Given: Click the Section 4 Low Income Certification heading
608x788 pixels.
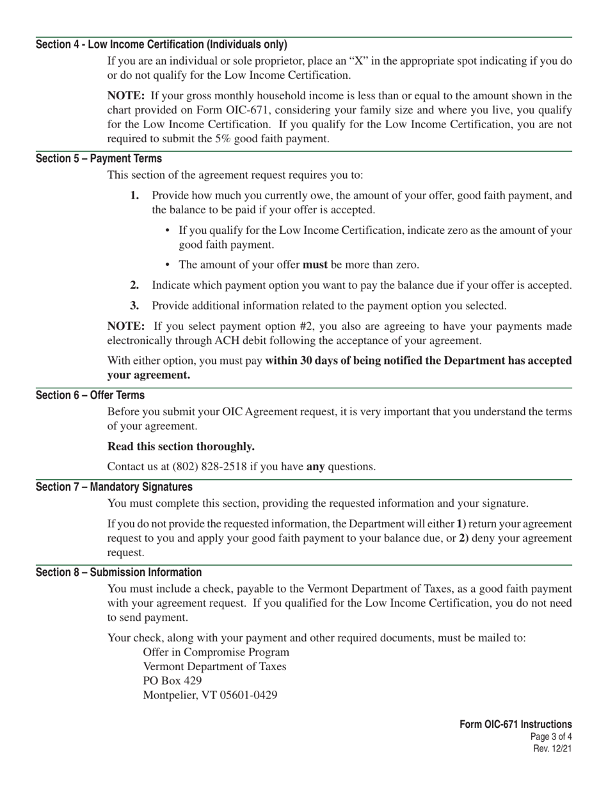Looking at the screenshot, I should coord(161,44).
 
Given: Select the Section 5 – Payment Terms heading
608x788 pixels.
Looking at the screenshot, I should coord(99,158).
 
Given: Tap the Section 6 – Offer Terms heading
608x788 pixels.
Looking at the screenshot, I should coord(90,395).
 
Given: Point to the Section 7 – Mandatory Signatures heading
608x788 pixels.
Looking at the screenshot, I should coord(114,487).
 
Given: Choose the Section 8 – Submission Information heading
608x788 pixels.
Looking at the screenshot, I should coord(118,572).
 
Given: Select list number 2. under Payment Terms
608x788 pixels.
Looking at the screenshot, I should coord(134,285).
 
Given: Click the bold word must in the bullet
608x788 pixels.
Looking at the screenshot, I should coord(315,265).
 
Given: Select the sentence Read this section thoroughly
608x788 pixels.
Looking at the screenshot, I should coord(180,446).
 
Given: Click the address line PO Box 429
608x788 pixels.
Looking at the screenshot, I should coord(172,680).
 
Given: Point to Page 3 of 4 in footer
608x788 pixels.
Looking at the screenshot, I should coord(551,737).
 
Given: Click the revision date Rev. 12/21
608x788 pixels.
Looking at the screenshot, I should coord(552,748).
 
